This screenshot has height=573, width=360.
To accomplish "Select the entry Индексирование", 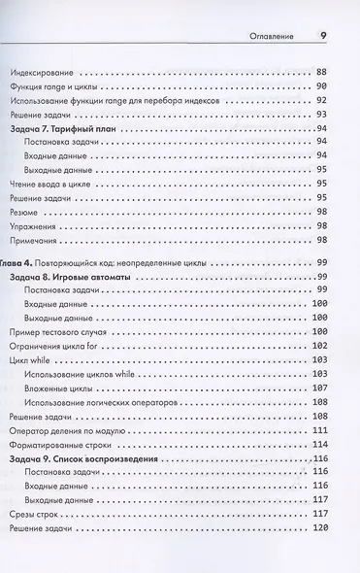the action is tap(44, 73).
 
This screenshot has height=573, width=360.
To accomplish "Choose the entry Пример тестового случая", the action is tap(61, 332).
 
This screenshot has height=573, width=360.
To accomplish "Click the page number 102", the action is tap(321, 347).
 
